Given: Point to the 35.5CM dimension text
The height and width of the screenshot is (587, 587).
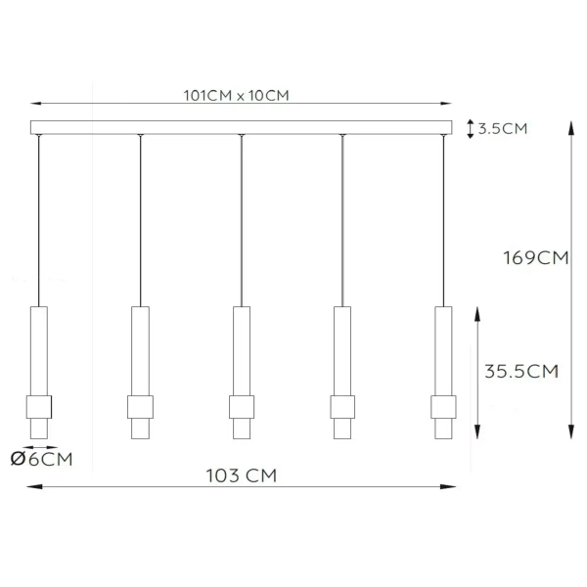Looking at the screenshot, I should click(x=522, y=371).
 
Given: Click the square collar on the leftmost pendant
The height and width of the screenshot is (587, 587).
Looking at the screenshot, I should click(x=39, y=406).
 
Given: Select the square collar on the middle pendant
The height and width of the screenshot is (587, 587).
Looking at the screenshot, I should click(x=242, y=406).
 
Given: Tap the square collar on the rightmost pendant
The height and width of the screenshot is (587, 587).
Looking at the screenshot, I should click(x=443, y=406).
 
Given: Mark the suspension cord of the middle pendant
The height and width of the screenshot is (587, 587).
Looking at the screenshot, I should click(x=242, y=220).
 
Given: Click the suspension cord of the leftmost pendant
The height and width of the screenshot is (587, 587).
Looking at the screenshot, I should click(x=39, y=220).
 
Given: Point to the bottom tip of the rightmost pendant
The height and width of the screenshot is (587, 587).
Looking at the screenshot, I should click(x=443, y=439).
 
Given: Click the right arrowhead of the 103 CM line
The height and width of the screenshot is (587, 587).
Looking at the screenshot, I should click(x=452, y=484).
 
